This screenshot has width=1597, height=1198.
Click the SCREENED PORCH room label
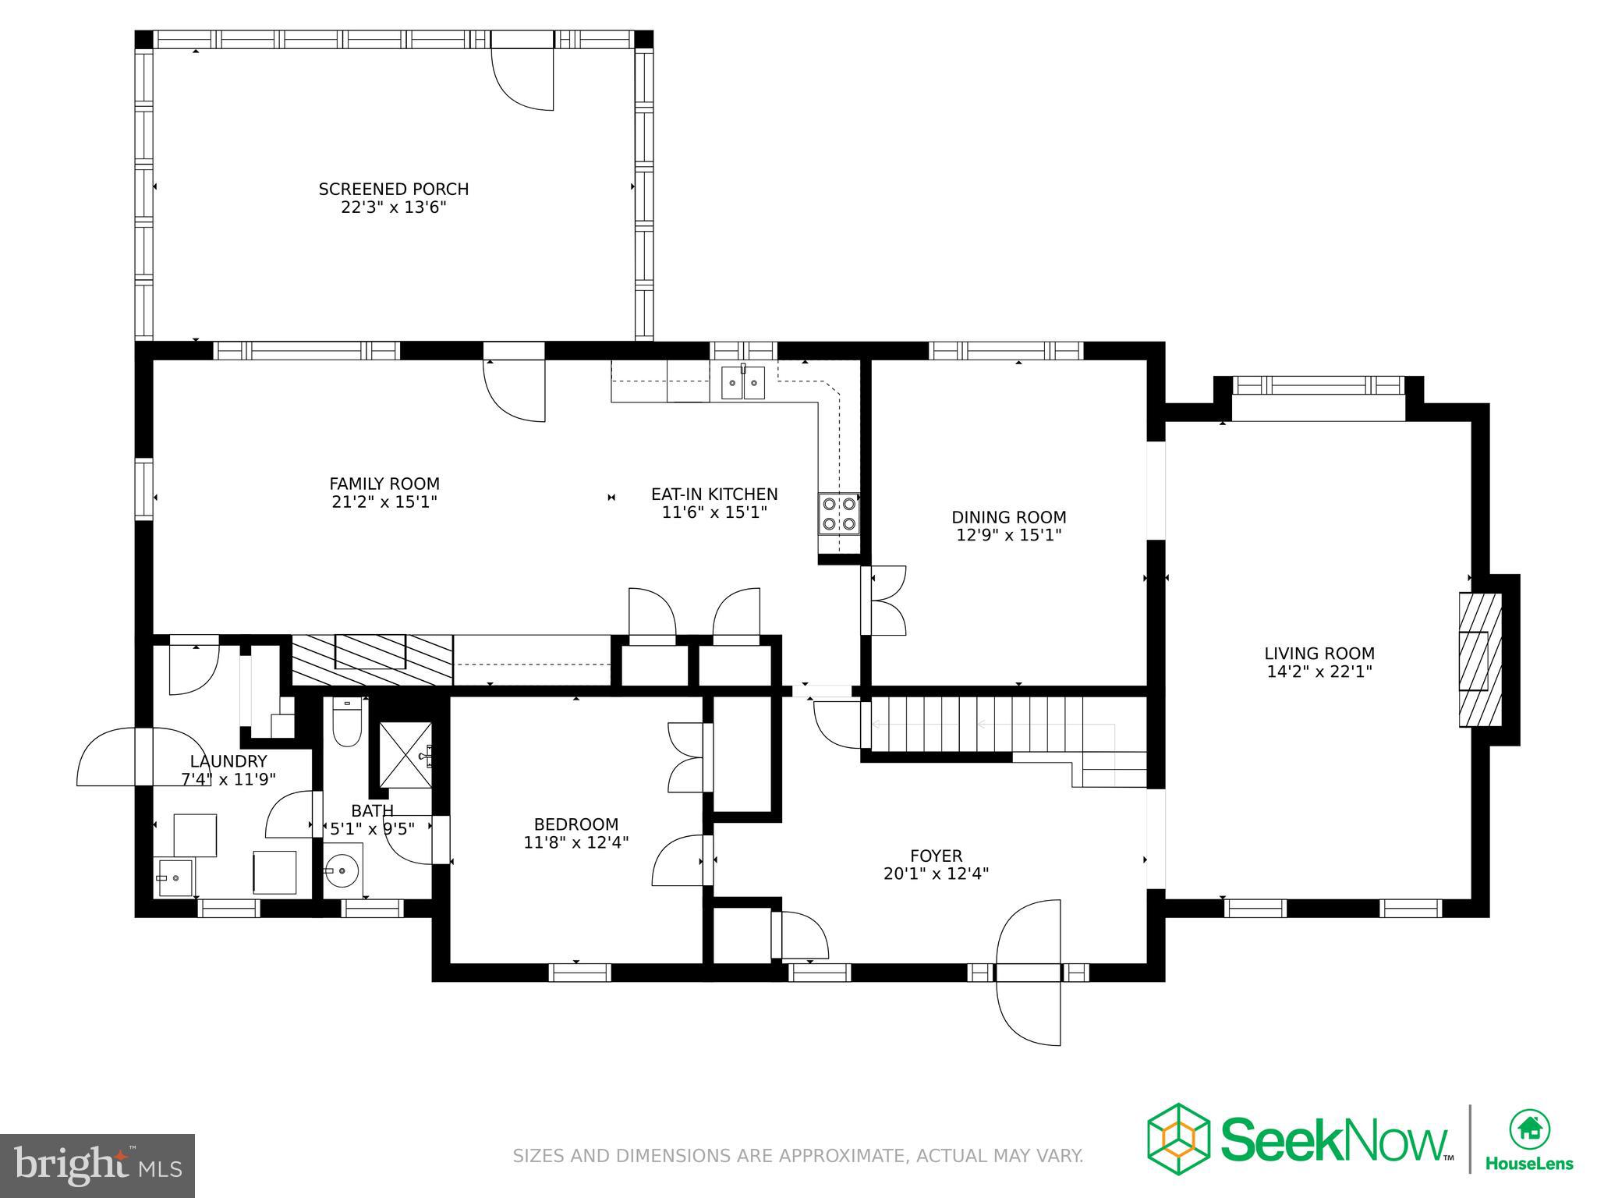[x=393, y=190]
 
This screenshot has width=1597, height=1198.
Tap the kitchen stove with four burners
[x=838, y=514]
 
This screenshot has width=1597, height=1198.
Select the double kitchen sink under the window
[x=743, y=382]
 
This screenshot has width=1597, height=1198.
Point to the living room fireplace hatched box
[x=1480, y=660]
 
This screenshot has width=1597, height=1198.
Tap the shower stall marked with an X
[x=405, y=755]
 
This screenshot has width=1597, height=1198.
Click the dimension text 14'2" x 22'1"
[x=1319, y=672]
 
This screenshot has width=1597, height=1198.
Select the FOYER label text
[x=936, y=856]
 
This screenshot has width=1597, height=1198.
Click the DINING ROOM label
[x=1008, y=517]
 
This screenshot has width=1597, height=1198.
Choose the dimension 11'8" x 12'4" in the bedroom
[x=576, y=842]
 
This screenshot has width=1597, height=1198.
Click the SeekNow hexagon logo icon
[x=1177, y=1141]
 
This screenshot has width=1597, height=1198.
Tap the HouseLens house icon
[x=1529, y=1129]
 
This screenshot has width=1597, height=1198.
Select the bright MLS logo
[x=97, y=1166]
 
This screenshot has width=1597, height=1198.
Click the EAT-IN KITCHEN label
[x=714, y=494]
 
